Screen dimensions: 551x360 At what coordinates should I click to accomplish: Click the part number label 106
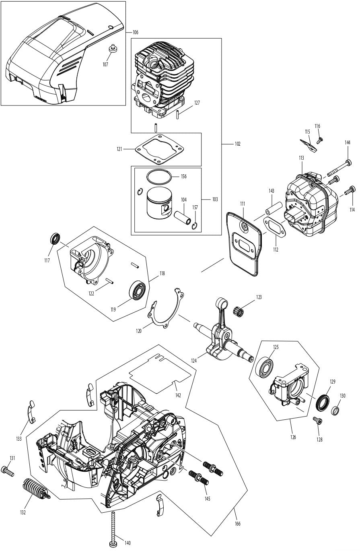tap(135, 32)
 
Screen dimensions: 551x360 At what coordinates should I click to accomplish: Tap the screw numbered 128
tap(318, 421)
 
